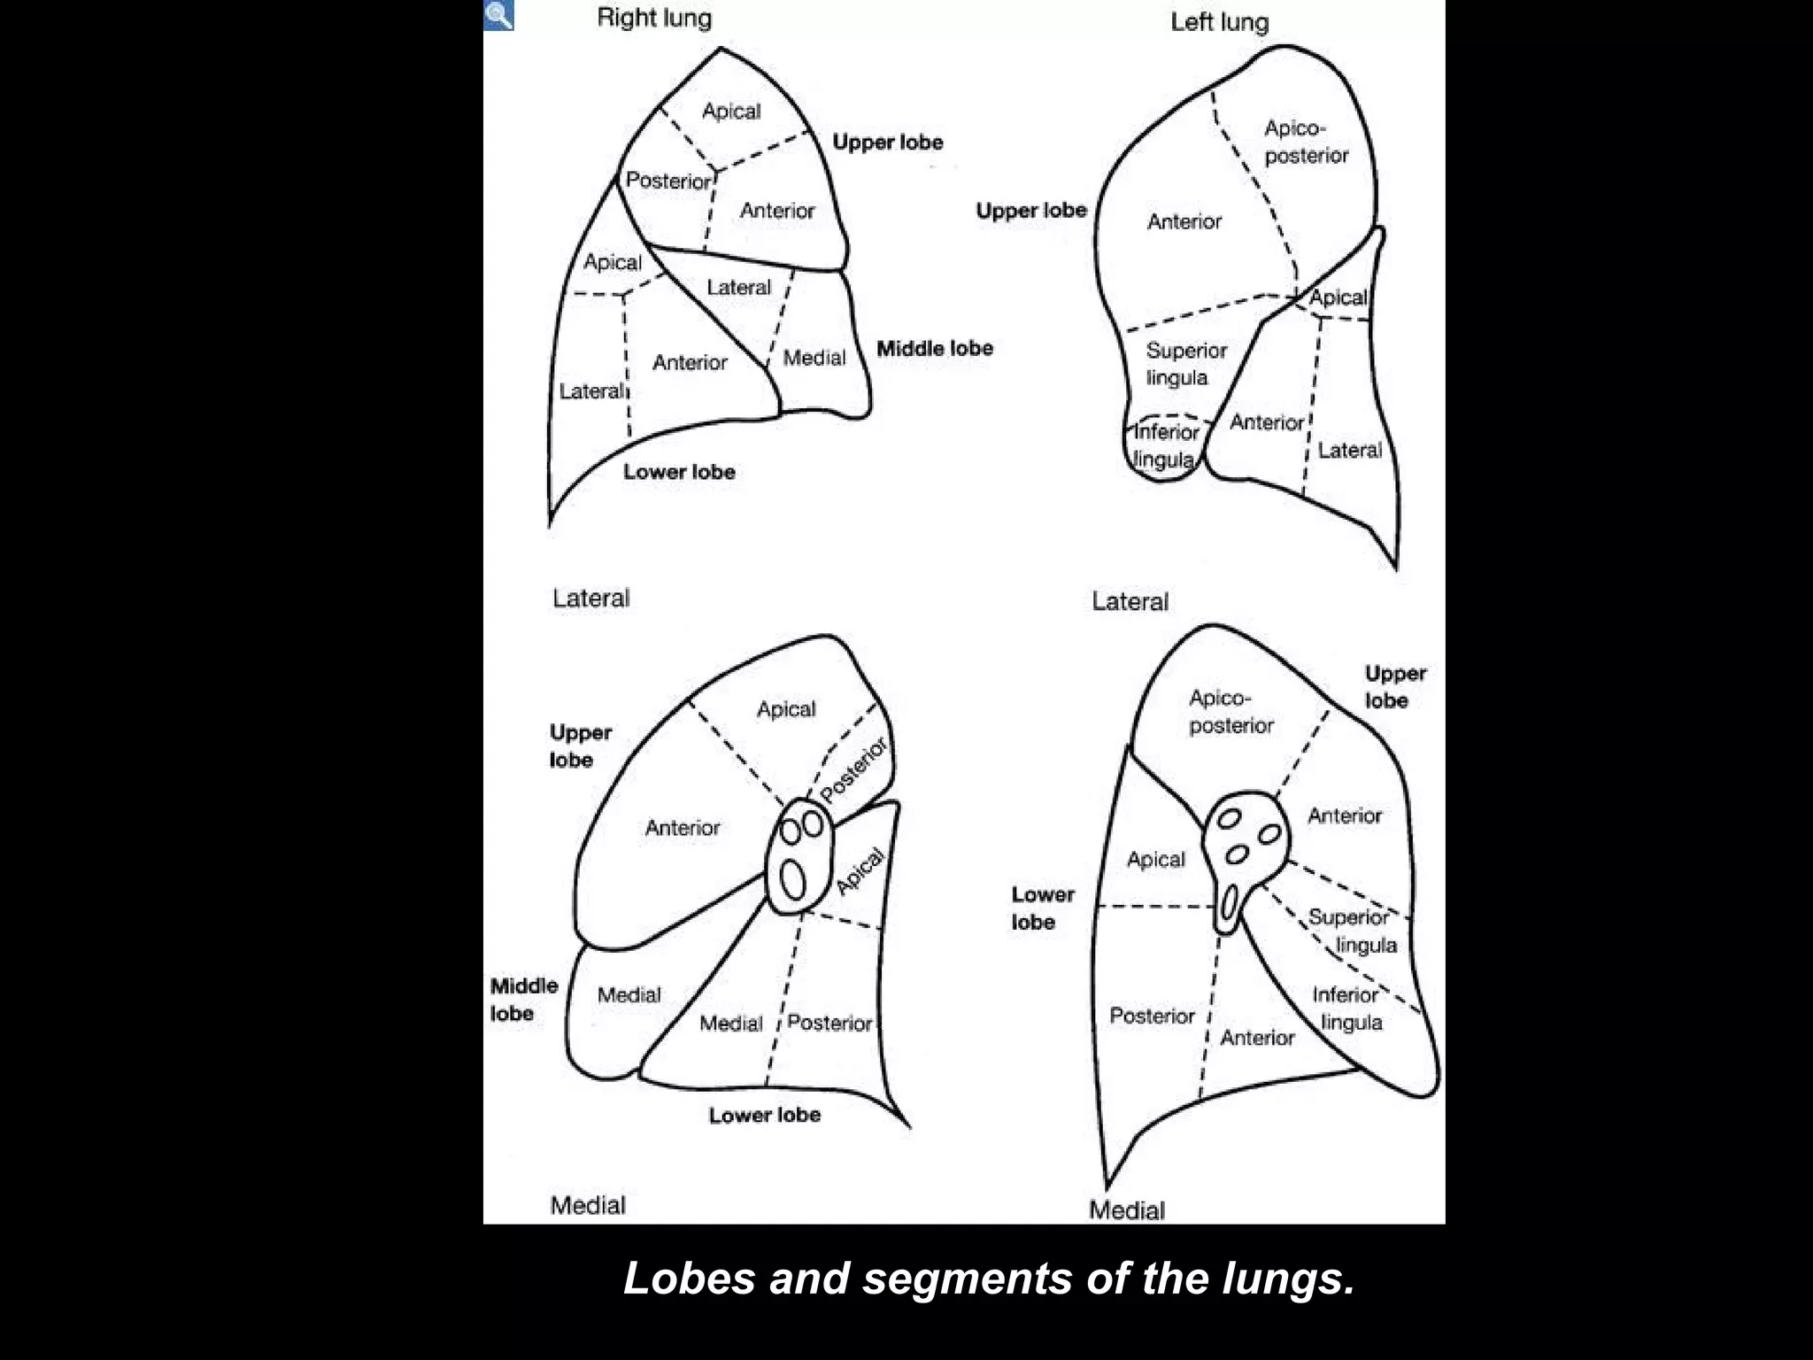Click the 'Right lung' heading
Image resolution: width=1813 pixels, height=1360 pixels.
pyautogui.click(x=654, y=18)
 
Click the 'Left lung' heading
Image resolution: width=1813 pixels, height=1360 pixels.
pyautogui.click(x=1219, y=22)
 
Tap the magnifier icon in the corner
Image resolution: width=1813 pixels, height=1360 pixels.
pyautogui.click(x=498, y=15)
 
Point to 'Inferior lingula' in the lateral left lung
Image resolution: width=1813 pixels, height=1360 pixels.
pyautogui.click(x=1165, y=446)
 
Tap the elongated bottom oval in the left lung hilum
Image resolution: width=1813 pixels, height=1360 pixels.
pyautogui.click(x=1229, y=906)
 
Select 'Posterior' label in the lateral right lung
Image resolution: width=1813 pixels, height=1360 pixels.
pyautogui.click(x=668, y=181)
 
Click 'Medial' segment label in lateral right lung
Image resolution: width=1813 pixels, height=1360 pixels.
pyautogui.click(x=814, y=358)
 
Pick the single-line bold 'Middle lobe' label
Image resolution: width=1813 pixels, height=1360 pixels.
pyautogui.click(x=935, y=349)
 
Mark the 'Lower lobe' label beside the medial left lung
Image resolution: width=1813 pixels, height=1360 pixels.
pyautogui.click(x=1042, y=908)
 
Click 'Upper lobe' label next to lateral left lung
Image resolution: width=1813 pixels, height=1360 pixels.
pyautogui.click(x=1030, y=211)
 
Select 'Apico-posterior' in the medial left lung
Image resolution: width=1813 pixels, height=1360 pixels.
pyautogui.click(x=1231, y=712)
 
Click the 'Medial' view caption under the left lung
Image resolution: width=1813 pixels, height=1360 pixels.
pyautogui.click(x=1126, y=1210)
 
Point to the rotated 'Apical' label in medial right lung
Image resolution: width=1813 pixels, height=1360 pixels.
pyautogui.click(x=860, y=871)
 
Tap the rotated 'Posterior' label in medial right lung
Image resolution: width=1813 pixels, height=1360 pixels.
pyautogui.click(x=853, y=770)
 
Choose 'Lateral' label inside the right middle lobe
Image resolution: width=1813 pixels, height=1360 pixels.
pyautogui.click(x=738, y=288)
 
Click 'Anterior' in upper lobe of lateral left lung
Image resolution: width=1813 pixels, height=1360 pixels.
pyautogui.click(x=1184, y=221)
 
